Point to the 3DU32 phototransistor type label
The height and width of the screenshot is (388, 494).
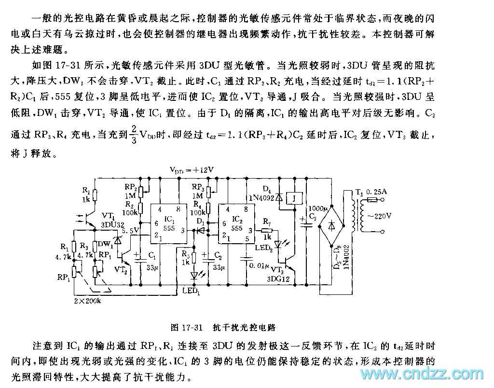[x=112, y=224]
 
